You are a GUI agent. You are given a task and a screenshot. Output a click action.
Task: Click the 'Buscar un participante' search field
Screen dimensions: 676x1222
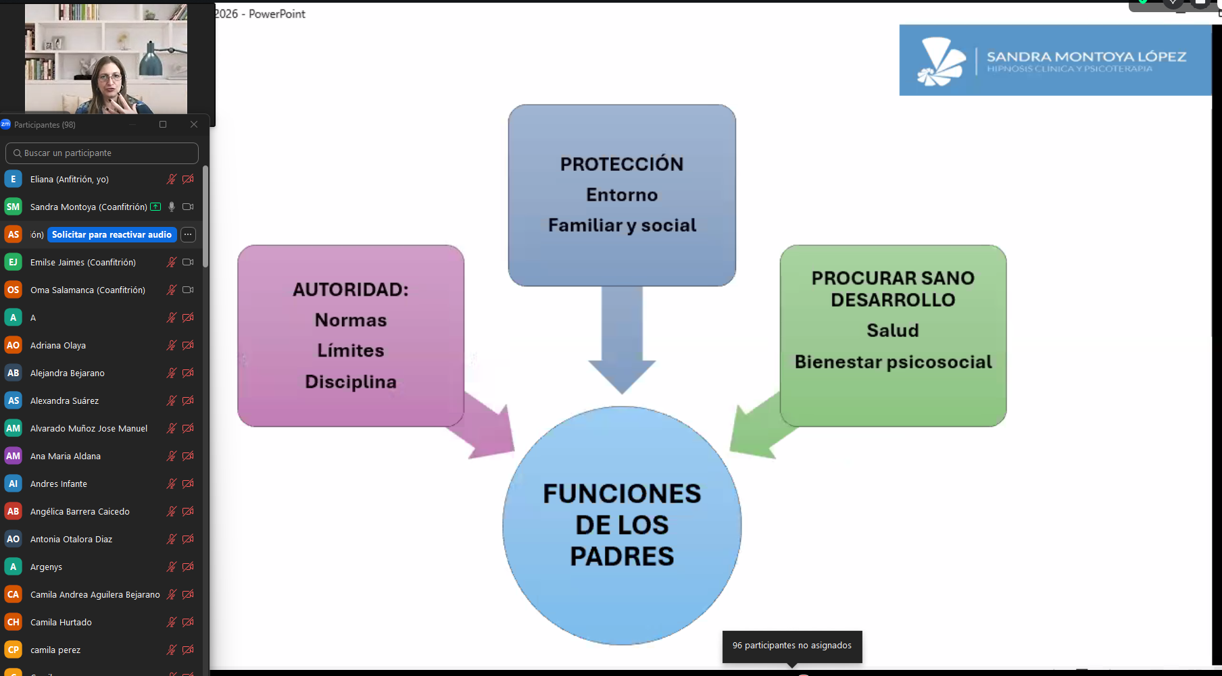click(x=101, y=153)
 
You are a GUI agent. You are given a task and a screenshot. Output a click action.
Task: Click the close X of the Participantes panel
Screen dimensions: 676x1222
click(x=194, y=124)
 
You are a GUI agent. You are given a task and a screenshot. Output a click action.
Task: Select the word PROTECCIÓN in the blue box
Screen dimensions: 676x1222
click(x=622, y=164)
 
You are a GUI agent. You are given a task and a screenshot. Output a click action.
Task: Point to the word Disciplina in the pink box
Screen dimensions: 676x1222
click(x=351, y=382)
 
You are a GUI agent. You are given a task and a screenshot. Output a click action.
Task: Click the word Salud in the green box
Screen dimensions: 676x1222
click(x=893, y=330)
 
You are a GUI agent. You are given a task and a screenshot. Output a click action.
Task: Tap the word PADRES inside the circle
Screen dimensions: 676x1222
click(x=622, y=556)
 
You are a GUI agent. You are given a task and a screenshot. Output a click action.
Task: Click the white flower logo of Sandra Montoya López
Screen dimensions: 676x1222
click(x=941, y=61)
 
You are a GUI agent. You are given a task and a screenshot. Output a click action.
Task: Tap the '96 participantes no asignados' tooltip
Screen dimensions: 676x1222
click(x=792, y=646)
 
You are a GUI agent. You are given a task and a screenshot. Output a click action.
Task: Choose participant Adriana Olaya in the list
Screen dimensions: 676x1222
click(x=58, y=345)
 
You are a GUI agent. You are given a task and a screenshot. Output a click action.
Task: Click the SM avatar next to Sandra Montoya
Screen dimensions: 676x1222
click(x=13, y=207)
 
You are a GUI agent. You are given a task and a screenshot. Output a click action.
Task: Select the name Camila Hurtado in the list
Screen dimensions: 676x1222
click(x=61, y=622)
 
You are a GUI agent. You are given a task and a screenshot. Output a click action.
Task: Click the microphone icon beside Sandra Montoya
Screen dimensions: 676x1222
click(x=172, y=207)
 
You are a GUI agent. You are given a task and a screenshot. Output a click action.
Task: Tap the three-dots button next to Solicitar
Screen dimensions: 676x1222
click(x=188, y=234)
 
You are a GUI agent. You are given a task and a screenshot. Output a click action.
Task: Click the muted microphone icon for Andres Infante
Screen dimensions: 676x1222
click(x=172, y=484)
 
